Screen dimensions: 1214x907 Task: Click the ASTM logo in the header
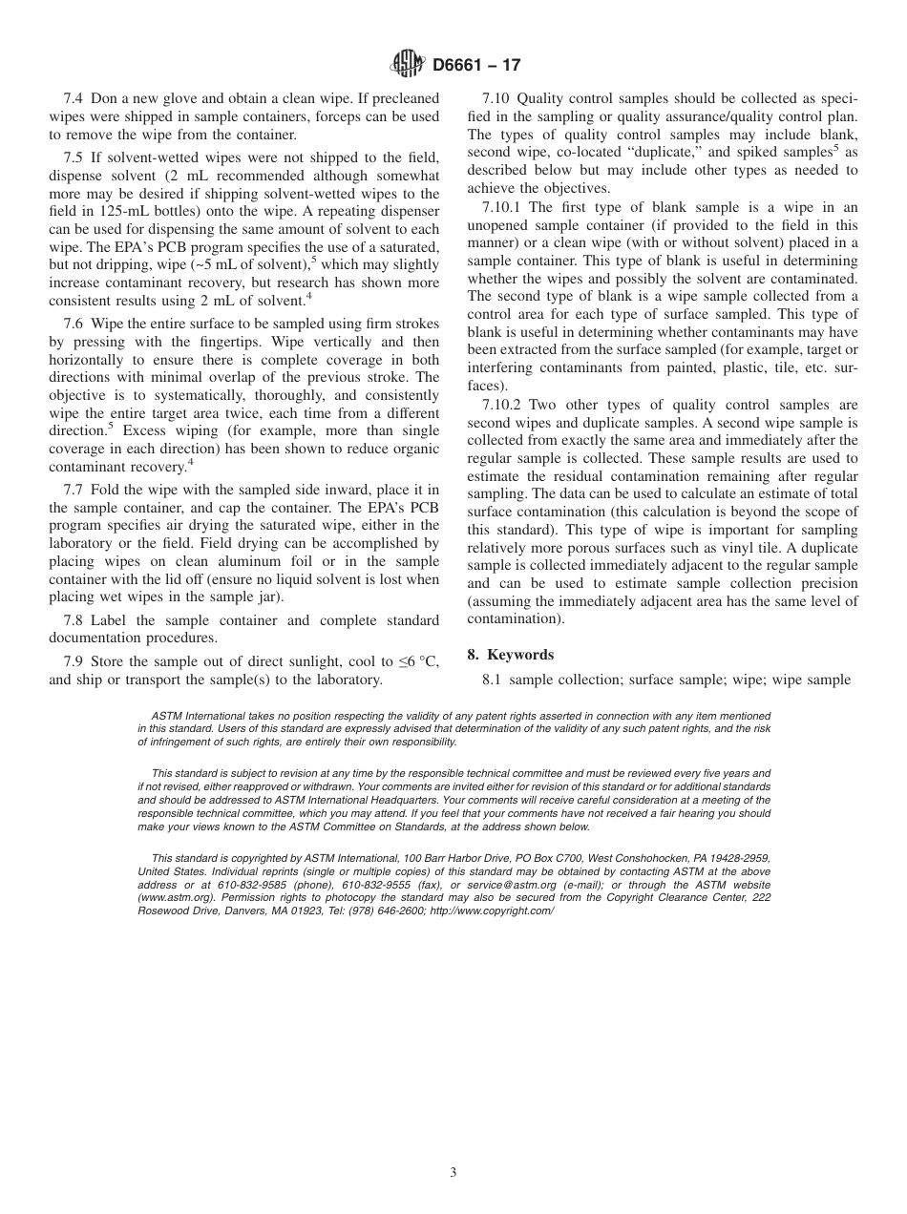[409, 65]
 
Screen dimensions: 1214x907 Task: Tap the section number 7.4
[74, 99]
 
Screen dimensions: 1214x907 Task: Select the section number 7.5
[74, 157]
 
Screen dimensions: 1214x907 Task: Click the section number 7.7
[74, 490]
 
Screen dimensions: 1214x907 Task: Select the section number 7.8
[74, 620]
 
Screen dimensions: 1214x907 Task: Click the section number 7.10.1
[501, 207]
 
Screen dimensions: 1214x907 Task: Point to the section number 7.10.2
[501, 405]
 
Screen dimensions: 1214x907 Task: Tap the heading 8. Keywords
[511, 655]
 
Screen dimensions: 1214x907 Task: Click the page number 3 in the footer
[453, 1173]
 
